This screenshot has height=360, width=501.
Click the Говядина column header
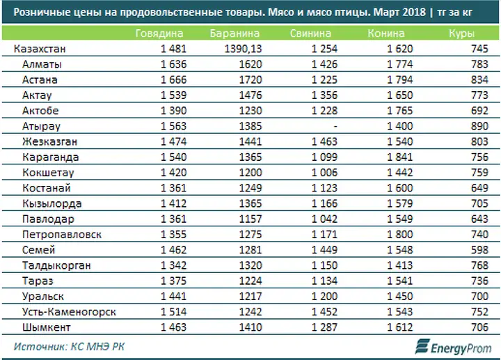click(x=159, y=33)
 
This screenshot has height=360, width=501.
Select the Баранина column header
click(x=234, y=33)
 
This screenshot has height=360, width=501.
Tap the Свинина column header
click(x=310, y=33)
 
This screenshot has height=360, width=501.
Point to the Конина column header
click(x=386, y=33)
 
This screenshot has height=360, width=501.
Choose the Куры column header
click(x=461, y=33)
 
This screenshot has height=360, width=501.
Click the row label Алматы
click(x=42, y=65)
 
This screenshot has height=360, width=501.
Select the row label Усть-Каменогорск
click(x=69, y=312)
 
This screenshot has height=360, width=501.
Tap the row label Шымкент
click(x=47, y=327)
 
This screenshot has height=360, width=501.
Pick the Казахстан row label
click(x=40, y=49)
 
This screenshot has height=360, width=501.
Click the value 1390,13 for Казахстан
click(x=243, y=49)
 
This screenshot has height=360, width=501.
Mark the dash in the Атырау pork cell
click(x=335, y=126)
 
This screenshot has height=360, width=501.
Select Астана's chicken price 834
click(x=479, y=79)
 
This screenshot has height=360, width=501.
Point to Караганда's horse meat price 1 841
click(x=399, y=157)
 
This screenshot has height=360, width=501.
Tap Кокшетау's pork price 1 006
click(x=324, y=173)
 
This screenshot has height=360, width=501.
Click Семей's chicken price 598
click(x=479, y=250)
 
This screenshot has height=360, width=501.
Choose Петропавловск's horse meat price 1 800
click(x=399, y=235)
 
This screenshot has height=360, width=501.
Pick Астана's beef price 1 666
click(x=173, y=79)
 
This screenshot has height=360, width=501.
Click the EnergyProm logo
click(x=453, y=347)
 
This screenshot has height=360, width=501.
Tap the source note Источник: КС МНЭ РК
click(x=69, y=347)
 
